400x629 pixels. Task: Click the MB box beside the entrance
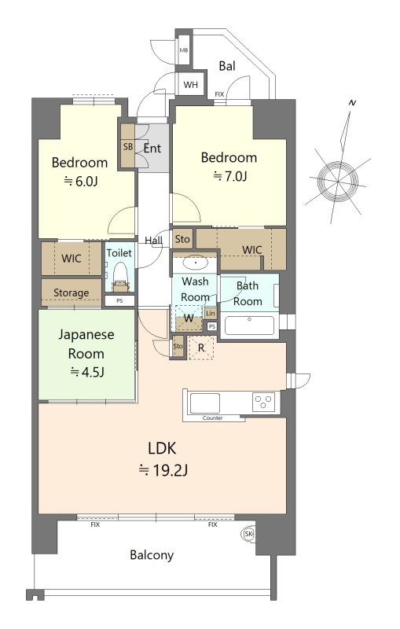[184, 50]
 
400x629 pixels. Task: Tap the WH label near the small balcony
[191, 85]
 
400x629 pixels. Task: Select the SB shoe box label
[128, 146]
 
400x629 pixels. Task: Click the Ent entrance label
[152, 149]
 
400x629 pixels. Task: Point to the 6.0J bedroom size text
[82, 182]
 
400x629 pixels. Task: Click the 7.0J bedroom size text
[230, 175]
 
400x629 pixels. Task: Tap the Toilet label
[119, 252]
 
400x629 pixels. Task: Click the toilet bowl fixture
[119, 277]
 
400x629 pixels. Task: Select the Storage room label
[72, 292]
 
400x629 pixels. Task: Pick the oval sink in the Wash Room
[196, 263]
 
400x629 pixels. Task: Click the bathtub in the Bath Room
[249, 326]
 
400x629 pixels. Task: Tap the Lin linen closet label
[211, 313]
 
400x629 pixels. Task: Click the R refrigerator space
[201, 348]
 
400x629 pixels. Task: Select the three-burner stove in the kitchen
[263, 402]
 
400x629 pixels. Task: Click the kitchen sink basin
[205, 403]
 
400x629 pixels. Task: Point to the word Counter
[212, 418]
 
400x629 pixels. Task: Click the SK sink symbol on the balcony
[248, 534]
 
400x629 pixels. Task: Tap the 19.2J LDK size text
[163, 469]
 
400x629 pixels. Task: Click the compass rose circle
[338, 182]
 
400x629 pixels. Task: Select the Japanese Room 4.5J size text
[87, 372]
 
